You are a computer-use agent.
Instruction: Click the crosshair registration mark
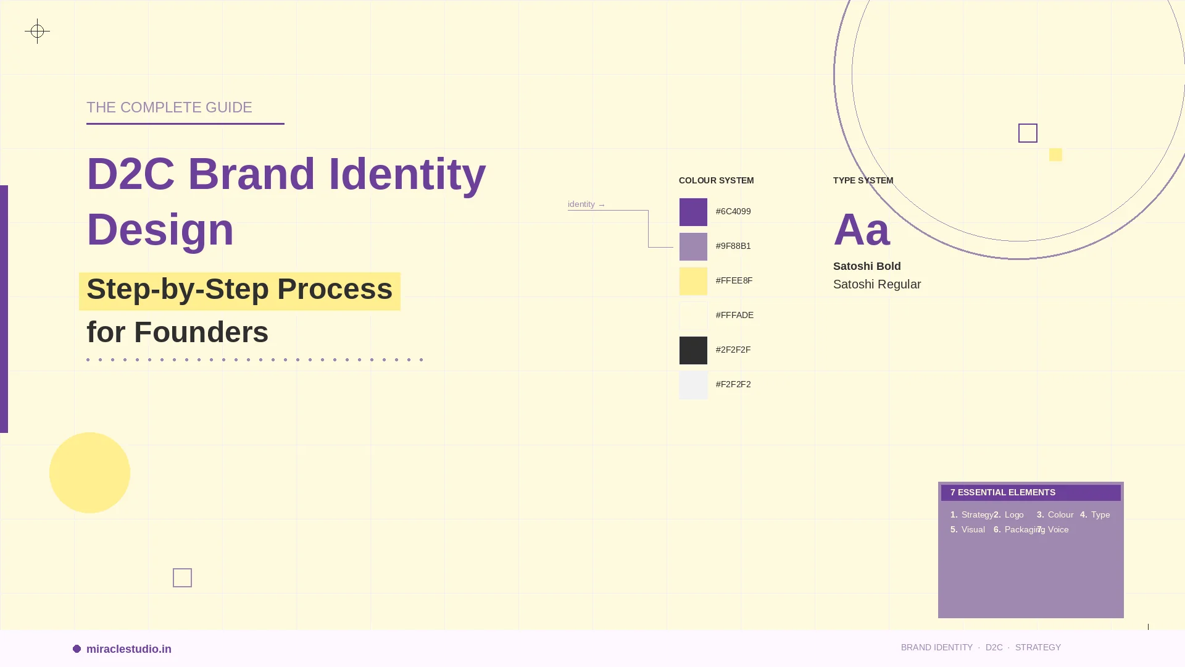point(37,31)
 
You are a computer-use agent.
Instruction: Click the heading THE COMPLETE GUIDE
point(169,107)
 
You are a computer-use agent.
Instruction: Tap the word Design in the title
point(160,229)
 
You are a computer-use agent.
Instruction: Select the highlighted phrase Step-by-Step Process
point(239,290)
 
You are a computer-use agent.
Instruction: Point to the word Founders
point(201,332)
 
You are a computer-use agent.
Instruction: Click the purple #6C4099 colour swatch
point(693,212)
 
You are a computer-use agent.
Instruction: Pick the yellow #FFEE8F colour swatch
point(693,281)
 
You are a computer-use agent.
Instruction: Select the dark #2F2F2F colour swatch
point(693,350)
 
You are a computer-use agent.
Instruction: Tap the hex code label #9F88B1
point(733,246)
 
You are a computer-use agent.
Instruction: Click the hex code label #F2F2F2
point(733,384)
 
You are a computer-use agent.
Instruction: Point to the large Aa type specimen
point(862,230)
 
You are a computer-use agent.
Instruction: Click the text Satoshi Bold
point(867,266)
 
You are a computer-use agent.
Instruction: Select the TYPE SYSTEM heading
point(863,180)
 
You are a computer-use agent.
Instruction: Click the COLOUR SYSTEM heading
point(716,180)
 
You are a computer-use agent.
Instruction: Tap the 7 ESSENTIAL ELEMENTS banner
point(1030,492)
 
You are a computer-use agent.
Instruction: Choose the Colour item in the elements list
point(1060,514)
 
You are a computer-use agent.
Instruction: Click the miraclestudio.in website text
point(128,649)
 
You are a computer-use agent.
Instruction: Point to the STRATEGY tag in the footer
point(1037,647)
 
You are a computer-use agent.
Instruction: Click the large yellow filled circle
point(89,472)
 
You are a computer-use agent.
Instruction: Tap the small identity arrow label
point(586,204)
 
